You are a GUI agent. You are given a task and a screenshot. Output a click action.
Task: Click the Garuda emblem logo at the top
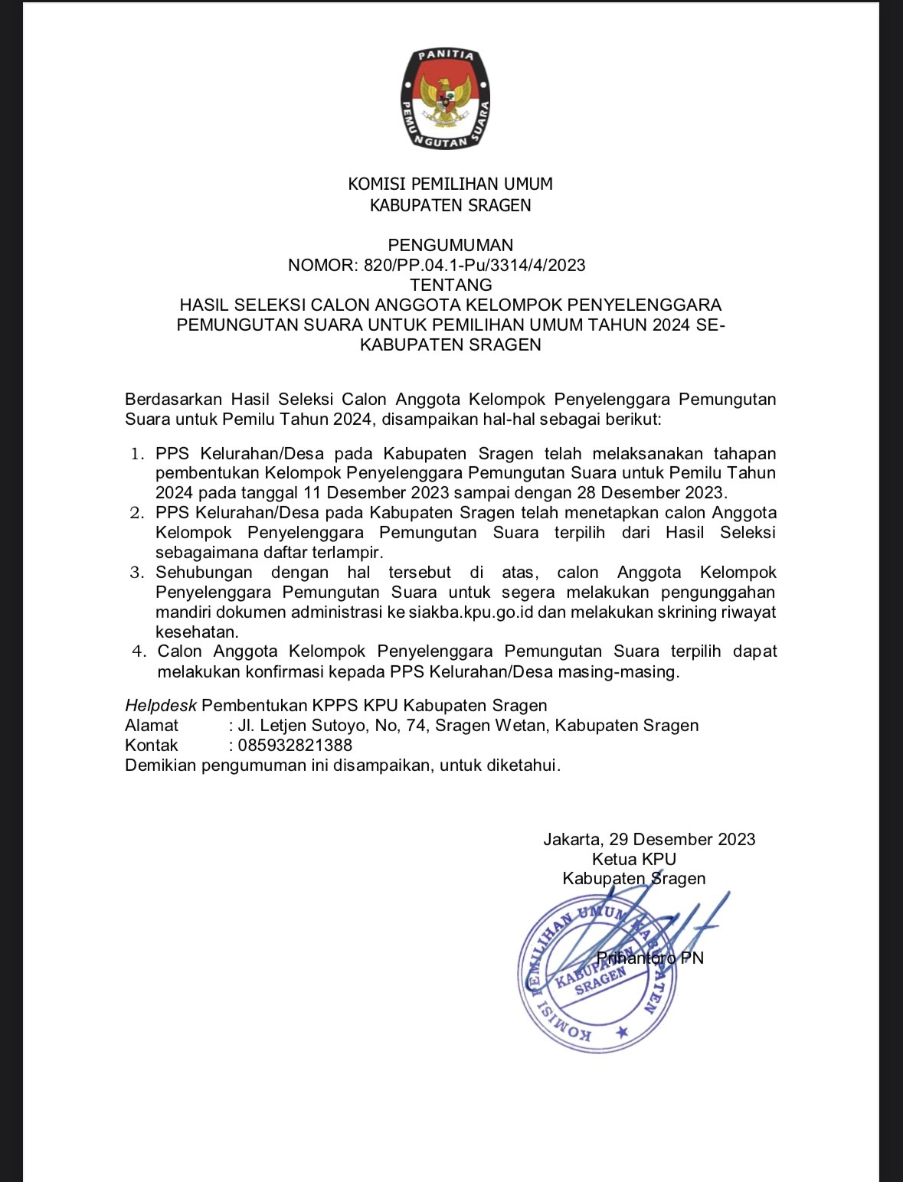[x=445, y=99]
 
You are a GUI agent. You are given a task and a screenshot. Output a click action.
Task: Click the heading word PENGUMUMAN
[x=450, y=245]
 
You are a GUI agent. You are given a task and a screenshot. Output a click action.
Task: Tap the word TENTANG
[x=450, y=285]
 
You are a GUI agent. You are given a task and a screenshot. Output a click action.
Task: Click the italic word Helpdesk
[x=161, y=705]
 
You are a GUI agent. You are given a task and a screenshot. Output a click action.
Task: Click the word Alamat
[x=152, y=725]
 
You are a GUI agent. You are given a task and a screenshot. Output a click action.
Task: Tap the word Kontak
[x=152, y=745]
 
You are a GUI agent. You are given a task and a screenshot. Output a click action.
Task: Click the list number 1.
[x=137, y=453]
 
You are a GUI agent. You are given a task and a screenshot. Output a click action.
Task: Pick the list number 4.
[x=139, y=651]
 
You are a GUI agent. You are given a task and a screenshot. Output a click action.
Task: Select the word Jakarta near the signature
[x=572, y=839]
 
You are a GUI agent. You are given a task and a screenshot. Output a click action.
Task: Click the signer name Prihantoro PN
[x=649, y=958]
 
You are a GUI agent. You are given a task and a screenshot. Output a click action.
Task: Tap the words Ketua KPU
[x=633, y=859]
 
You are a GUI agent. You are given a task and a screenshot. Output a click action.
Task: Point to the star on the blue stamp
[x=622, y=1033]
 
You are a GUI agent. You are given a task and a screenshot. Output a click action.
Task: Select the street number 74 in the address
[x=417, y=725]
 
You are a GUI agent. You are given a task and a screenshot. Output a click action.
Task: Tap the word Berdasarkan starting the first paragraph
[x=173, y=399]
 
